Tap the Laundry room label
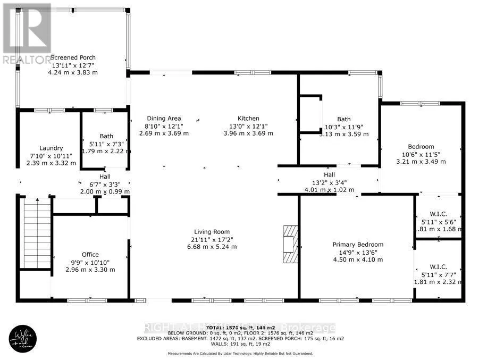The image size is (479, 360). pyautogui.click(x=51, y=148)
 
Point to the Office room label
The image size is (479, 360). pyautogui.click(x=90, y=255)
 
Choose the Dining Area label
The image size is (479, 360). pyautogui.click(x=164, y=118)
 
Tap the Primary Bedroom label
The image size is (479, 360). pyautogui.click(x=358, y=245)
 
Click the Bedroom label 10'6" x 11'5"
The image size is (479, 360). pyautogui.click(x=421, y=147)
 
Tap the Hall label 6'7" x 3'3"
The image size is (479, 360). pyautogui.click(x=105, y=177)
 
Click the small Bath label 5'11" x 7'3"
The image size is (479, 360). pyautogui.click(x=106, y=136)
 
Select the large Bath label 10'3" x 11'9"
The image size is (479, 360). pyautogui.click(x=344, y=119)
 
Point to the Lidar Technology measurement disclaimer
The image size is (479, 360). pyautogui.click(x=240, y=354)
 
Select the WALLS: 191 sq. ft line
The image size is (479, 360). pyautogui.click(x=240, y=344)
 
